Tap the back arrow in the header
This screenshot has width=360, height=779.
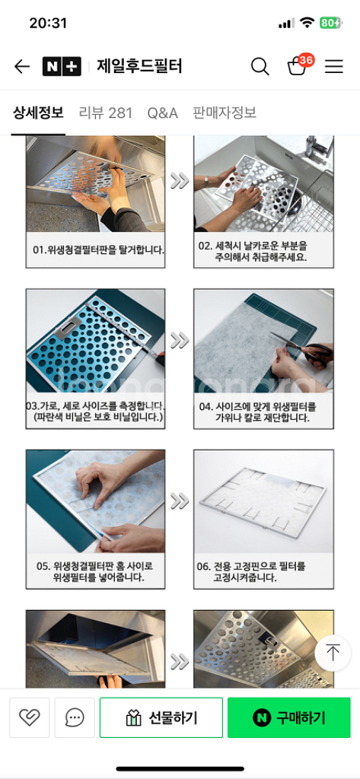tap(22, 67)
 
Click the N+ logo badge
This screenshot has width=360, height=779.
tap(62, 67)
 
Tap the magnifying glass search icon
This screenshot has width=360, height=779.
tap(260, 66)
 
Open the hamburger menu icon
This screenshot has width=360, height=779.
tap(333, 67)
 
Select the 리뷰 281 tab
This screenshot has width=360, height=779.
tap(106, 113)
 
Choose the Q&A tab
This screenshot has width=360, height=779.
tap(163, 113)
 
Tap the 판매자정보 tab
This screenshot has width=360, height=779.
tap(225, 113)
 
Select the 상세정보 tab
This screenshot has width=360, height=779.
tap(38, 113)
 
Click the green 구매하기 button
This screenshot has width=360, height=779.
tap(289, 717)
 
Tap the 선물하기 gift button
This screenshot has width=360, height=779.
tap(161, 717)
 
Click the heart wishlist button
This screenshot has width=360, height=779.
tap(30, 717)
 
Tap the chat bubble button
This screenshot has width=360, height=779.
tap(75, 717)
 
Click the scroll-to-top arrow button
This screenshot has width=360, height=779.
tap(333, 652)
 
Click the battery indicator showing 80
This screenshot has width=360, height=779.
tap(330, 23)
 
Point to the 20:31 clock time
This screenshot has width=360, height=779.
tap(48, 23)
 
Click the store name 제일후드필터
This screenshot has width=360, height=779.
tap(139, 66)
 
